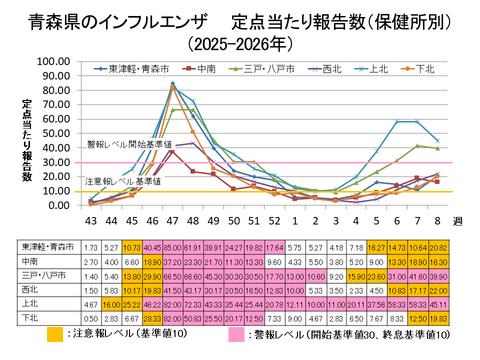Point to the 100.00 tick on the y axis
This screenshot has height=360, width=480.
(x=52, y=61)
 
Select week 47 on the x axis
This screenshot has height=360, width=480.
(x=173, y=220)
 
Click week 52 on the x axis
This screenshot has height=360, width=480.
(x=273, y=220)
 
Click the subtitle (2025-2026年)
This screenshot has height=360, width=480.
(x=240, y=43)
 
